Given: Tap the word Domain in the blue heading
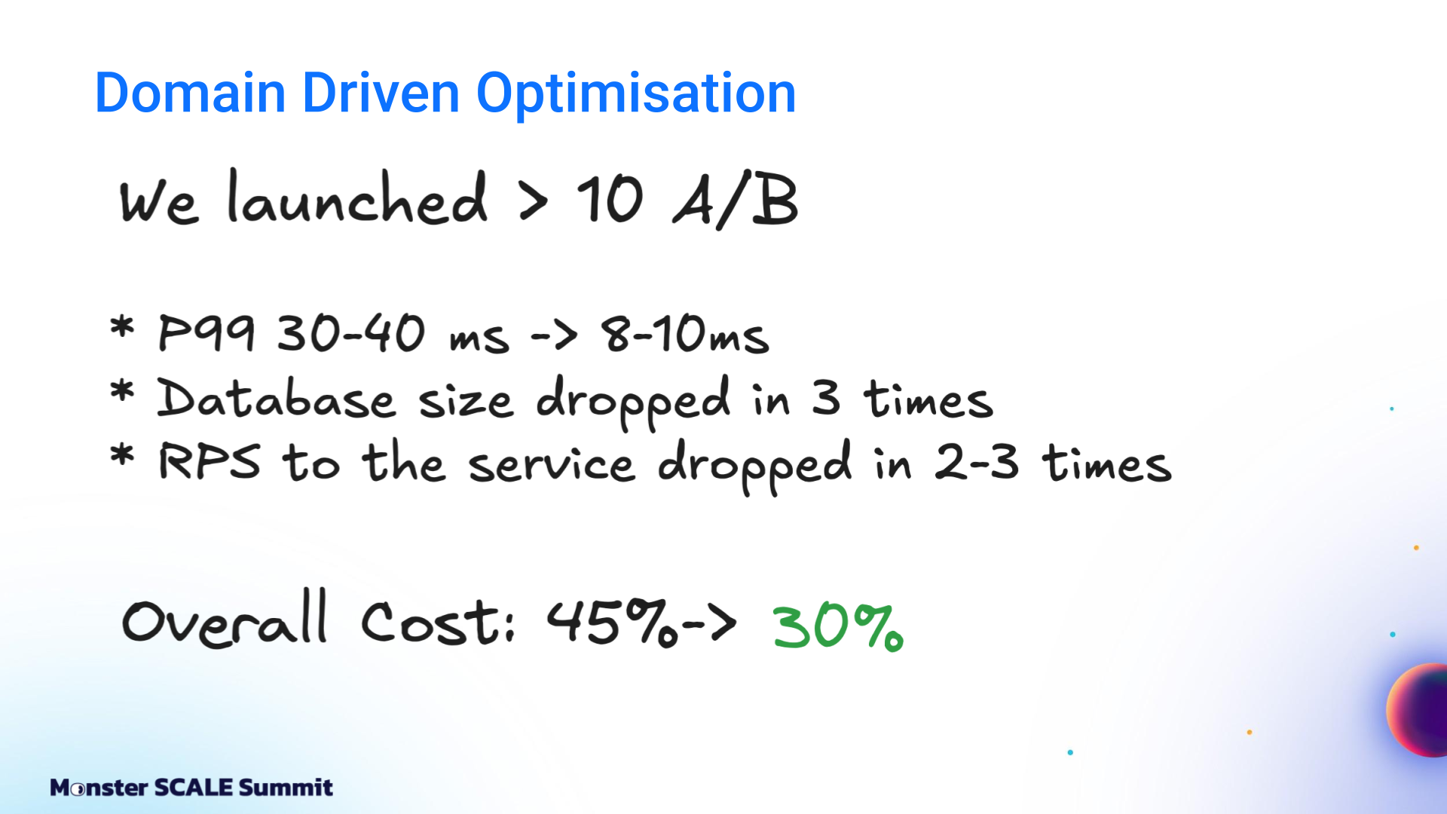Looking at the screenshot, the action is click(190, 93).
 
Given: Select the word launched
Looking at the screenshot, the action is click(357, 197).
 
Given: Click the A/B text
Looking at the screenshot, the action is click(735, 200).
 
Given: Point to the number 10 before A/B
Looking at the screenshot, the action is click(610, 200).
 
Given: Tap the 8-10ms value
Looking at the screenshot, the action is click(684, 334).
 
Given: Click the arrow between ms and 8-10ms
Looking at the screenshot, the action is click(554, 335).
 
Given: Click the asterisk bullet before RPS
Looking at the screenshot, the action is click(122, 455).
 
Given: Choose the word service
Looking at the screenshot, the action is click(552, 463).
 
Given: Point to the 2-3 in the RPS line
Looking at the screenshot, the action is click(977, 461).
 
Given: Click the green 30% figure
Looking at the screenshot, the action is click(837, 627).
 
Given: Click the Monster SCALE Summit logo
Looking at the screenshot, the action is click(191, 788).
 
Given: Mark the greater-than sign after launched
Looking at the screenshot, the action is click(534, 202).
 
